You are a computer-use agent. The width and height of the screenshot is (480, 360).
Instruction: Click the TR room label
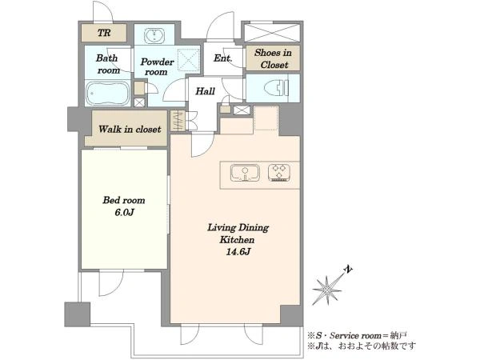click(104, 33)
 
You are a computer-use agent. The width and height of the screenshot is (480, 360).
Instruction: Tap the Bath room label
click(107, 64)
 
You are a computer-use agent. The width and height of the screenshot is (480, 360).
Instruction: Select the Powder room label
click(157, 66)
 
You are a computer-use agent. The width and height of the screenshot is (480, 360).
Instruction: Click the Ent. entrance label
click(222, 58)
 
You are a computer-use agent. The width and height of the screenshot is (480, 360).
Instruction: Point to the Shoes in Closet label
click(273, 58)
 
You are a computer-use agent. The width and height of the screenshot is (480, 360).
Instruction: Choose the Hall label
click(205, 91)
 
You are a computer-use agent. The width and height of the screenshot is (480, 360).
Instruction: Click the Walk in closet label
click(130, 129)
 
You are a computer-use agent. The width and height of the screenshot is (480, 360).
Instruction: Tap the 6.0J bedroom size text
click(124, 213)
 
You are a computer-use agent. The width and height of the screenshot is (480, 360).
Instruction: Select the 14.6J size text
click(238, 252)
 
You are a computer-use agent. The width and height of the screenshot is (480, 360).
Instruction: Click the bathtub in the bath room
click(107, 93)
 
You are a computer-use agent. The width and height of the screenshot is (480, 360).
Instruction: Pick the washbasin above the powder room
click(154, 35)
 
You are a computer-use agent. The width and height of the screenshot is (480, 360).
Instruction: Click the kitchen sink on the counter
click(245, 173)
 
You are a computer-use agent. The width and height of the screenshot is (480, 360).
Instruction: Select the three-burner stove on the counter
click(279, 173)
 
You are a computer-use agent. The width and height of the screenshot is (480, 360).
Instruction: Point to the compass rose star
click(326, 290)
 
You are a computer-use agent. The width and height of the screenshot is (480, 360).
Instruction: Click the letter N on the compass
click(348, 270)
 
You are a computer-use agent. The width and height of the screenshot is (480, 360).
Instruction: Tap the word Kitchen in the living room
click(237, 240)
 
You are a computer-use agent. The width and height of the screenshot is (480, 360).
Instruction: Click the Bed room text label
click(124, 201)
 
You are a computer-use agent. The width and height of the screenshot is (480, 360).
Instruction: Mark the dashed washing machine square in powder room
click(189, 59)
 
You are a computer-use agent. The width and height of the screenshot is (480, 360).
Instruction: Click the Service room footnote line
click(358, 336)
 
